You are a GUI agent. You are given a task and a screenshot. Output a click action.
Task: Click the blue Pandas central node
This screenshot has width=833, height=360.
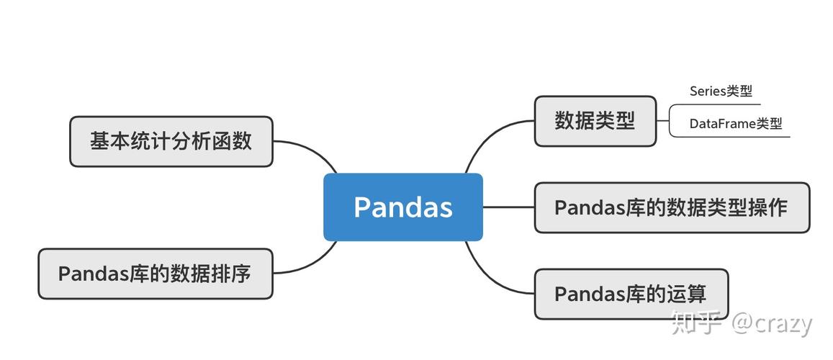[x=402, y=207]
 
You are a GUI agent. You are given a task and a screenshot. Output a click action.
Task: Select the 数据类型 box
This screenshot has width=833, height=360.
[x=595, y=121]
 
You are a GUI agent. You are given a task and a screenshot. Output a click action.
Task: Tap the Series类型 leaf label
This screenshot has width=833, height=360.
[x=721, y=91]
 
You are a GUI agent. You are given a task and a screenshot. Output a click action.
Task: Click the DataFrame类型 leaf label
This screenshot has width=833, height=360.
[x=735, y=124]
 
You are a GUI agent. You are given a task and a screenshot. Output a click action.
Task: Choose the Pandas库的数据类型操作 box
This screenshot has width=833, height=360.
[x=671, y=207]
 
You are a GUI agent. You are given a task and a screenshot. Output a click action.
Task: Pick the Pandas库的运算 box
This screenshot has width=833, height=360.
[x=631, y=294]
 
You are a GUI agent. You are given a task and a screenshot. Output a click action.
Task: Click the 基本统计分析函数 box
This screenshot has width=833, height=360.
[x=171, y=141]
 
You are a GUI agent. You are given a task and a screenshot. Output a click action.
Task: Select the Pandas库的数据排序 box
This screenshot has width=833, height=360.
[x=155, y=274]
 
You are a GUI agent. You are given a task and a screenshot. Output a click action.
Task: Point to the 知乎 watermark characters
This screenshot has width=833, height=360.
[x=695, y=324]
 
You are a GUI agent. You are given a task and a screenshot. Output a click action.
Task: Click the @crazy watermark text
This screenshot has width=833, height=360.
[x=772, y=324]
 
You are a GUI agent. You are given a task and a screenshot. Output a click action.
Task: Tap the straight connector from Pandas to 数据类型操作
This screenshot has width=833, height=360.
[x=508, y=207]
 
